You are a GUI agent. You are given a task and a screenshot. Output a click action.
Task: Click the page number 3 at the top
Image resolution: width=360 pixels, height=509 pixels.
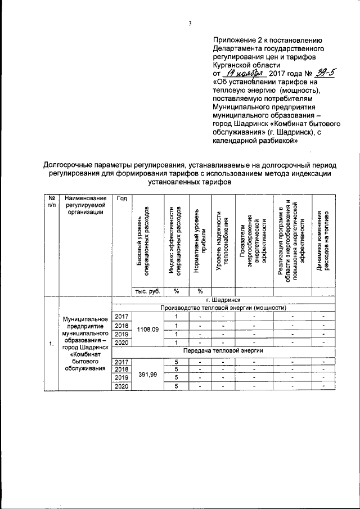click(190, 23)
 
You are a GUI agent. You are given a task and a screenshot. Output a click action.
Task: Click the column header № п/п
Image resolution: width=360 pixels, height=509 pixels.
click(51, 201)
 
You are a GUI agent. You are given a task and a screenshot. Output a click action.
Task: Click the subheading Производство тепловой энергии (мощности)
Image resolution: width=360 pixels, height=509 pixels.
click(223, 308)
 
